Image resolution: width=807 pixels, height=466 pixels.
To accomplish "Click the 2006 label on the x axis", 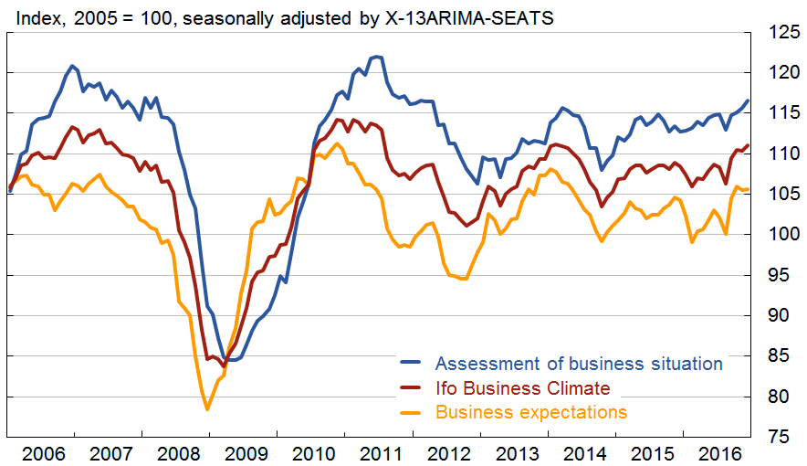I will point(44,452).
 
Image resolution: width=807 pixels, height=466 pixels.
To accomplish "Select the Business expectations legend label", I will point(531,412).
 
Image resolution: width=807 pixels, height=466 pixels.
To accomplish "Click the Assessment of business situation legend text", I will point(579,364).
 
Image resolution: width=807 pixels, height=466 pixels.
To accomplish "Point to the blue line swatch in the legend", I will point(412,365).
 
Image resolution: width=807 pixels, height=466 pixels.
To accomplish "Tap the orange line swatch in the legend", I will point(412,413).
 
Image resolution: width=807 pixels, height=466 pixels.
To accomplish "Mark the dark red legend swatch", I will point(412,389).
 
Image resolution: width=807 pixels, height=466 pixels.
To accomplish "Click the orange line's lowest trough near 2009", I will point(207,408).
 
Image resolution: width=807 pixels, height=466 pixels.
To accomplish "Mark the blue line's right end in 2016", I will point(748,101).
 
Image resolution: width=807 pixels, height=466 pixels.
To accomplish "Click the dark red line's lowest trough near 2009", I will point(224,365).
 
